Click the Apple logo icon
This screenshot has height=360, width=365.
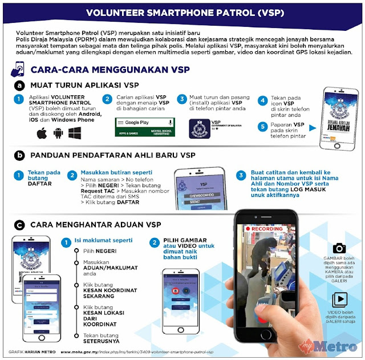coord(42,134)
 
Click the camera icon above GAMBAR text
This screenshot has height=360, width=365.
coord(339,248)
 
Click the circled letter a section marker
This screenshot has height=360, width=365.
coord(19,86)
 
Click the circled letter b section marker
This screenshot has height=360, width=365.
coord(19,155)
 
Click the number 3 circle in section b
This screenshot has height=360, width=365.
coord(242,175)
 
